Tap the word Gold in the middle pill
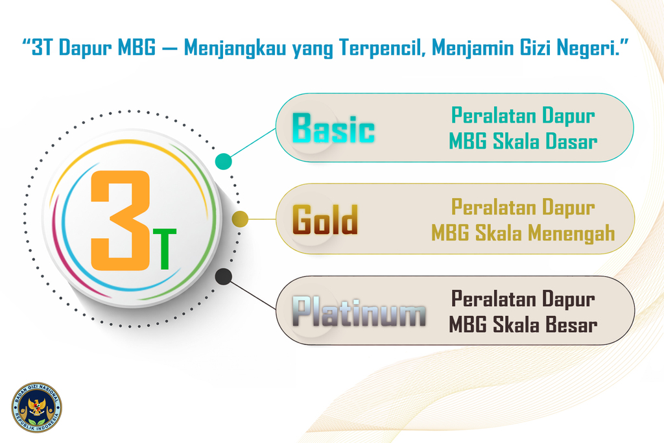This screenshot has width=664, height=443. pyautogui.click(x=326, y=219)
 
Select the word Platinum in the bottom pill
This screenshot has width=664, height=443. pyautogui.click(x=359, y=311)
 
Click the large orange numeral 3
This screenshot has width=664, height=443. pyautogui.click(x=121, y=221)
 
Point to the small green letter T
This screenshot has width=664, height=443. pyautogui.click(x=164, y=249)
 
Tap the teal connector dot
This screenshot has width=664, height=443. pyautogui.click(x=224, y=162)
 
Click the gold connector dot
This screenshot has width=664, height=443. pyautogui.click(x=240, y=219)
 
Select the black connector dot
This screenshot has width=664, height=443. pyautogui.click(x=224, y=276)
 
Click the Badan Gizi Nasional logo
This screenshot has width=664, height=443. pyautogui.click(x=36, y=407)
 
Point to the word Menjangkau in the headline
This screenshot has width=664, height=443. pyautogui.click(x=235, y=48)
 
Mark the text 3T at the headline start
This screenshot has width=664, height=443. pyautogui.click(x=42, y=47)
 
